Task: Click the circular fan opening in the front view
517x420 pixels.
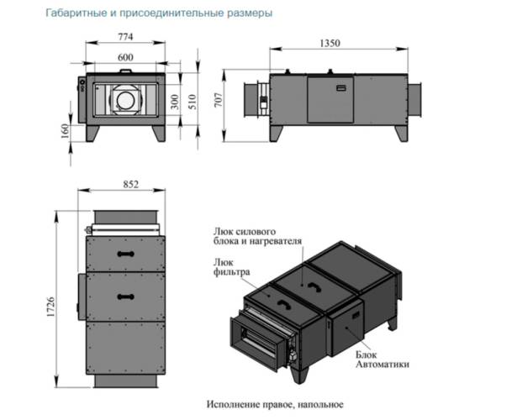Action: (127, 99)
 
